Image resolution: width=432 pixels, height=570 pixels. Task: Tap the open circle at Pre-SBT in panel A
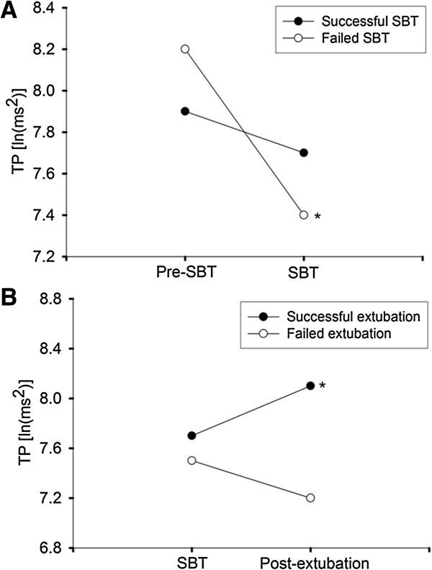click(x=185, y=49)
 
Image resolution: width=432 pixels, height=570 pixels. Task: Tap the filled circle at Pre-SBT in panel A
click(x=185, y=112)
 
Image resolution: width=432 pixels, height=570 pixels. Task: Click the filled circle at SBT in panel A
click(x=304, y=153)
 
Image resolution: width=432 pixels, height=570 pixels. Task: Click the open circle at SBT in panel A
click(x=304, y=214)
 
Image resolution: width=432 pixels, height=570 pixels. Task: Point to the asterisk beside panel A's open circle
click(x=318, y=217)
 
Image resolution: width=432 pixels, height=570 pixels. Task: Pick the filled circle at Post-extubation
click(x=310, y=385)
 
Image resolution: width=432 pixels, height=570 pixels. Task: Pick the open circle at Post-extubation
click(x=310, y=497)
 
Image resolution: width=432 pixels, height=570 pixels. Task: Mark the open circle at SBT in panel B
click(x=191, y=460)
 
